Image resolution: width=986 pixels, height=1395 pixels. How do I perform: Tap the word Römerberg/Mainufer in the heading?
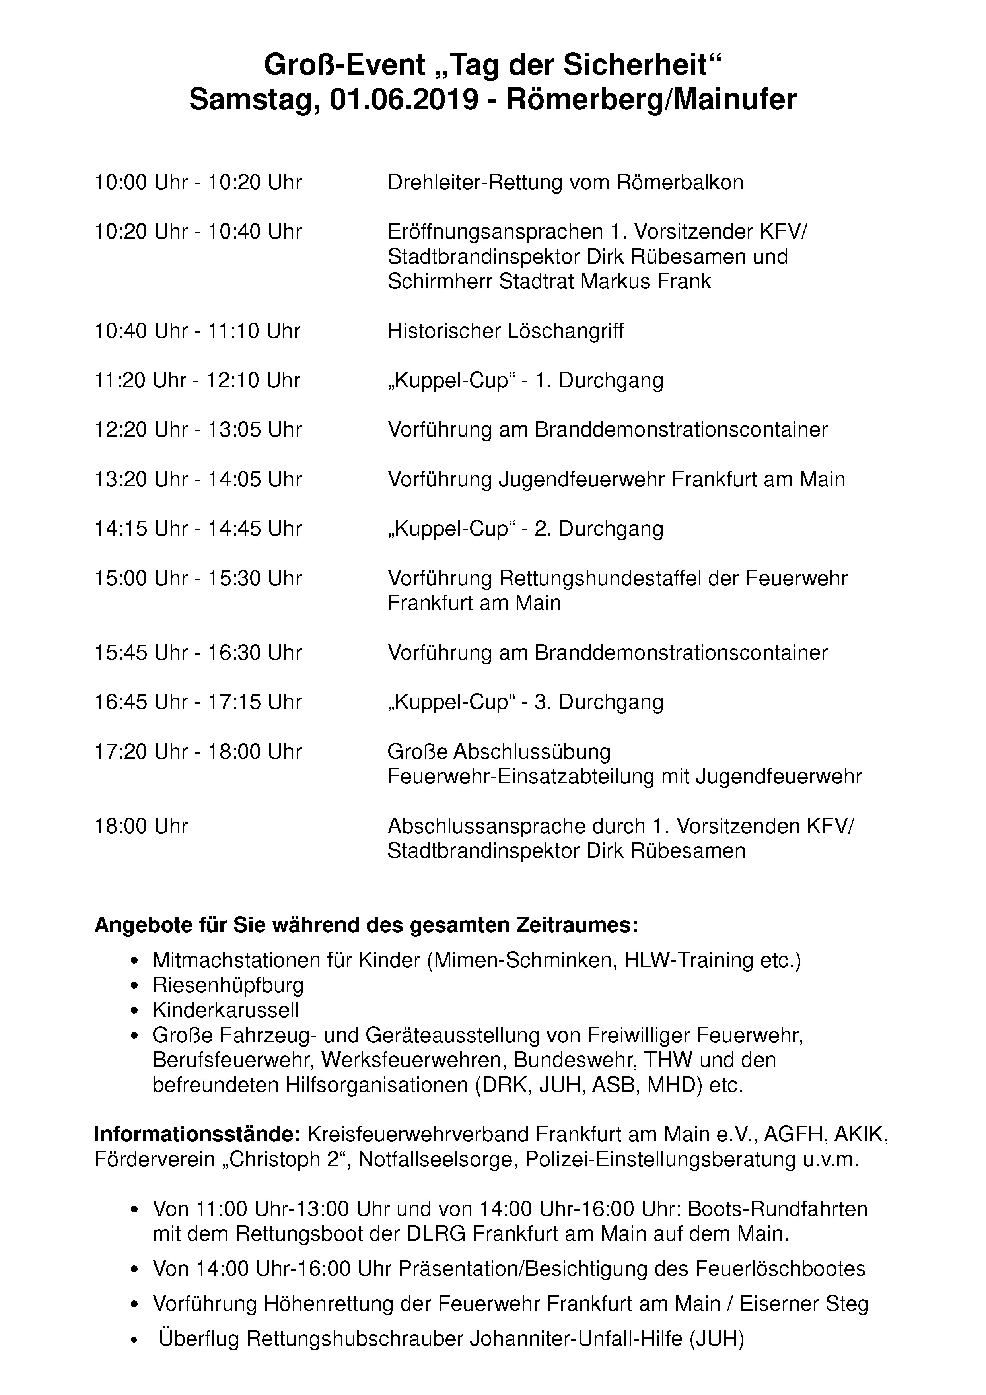point(651,100)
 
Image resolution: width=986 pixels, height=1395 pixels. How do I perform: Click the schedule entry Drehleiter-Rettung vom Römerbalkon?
point(565,182)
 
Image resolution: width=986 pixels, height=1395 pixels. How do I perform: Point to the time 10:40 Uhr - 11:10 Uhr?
point(197,331)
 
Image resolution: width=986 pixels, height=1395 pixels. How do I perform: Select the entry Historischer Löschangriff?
point(506,331)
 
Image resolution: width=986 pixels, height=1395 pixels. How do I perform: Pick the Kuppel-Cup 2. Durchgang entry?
point(525,528)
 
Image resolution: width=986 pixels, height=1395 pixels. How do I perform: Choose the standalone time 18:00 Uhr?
point(141,826)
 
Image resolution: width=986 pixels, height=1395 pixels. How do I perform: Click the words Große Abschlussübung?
point(500,752)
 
